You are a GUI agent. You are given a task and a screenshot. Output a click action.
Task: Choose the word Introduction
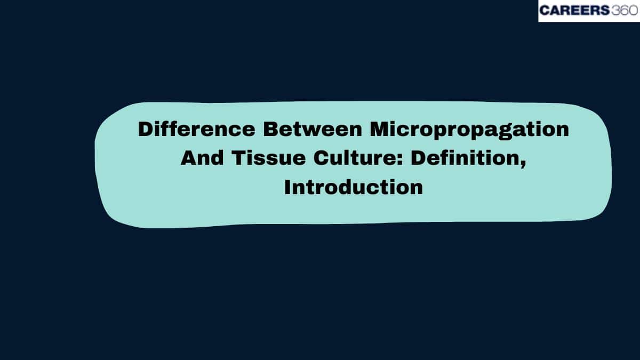354,188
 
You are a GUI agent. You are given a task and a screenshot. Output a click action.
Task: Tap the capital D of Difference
145,130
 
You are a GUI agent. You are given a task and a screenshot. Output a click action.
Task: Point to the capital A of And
188,159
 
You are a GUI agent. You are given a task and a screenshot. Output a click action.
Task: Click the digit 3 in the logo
613,11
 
